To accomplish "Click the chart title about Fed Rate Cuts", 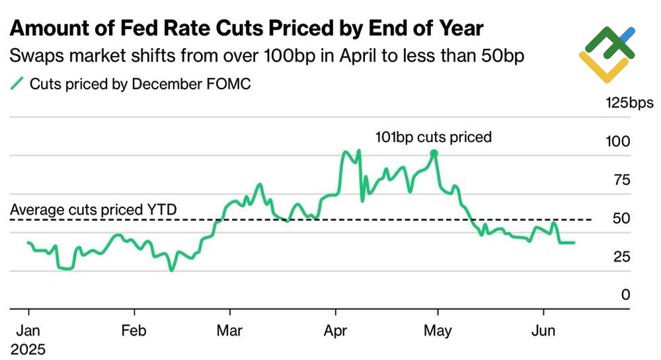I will pos(247,29).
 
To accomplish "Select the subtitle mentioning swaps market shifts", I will pos(267,56).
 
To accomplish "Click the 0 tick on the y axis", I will pos(625,295).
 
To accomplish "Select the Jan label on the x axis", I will pos(29,330).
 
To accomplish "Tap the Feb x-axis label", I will pos(134,330).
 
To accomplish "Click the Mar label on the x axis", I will pos(230,330).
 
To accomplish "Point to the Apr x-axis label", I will pos(336,330).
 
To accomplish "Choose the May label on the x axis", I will pos(436,330).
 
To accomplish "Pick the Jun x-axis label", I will pos(543,330).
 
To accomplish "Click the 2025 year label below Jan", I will pos(29,347).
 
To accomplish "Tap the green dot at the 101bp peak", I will pos(434,153).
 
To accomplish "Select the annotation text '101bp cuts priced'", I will pos(434,137).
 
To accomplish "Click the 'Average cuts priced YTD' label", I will pos(93,209).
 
